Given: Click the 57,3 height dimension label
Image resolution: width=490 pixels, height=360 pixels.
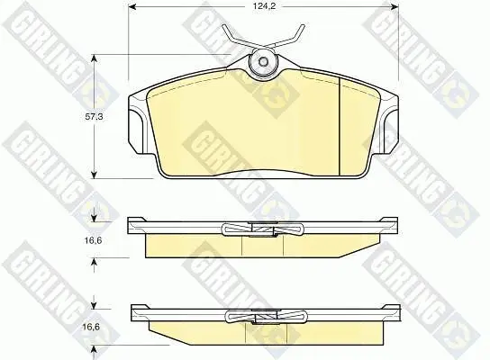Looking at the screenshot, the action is coord(94,117).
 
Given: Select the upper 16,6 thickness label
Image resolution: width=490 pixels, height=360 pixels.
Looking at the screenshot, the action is coord(93,240).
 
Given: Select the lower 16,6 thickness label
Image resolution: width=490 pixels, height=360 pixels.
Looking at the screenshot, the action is coord(91,328).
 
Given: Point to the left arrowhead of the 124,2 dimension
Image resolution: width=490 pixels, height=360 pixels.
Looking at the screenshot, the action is coord(133,6).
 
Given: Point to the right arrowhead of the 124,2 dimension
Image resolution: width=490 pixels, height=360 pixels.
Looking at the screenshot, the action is coord(394,6).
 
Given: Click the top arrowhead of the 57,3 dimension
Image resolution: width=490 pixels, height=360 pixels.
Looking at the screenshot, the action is coord(95,58).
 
